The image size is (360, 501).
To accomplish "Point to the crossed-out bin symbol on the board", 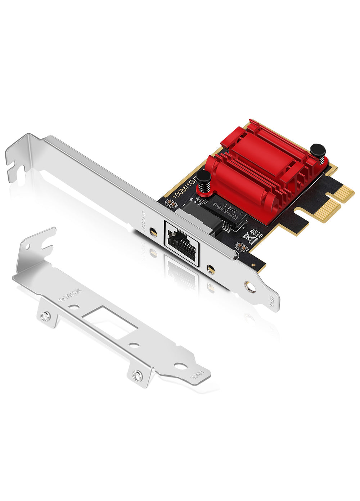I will (249, 238).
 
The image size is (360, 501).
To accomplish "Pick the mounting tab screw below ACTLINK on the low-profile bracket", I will (45, 317).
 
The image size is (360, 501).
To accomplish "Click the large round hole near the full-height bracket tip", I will (249, 286).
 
